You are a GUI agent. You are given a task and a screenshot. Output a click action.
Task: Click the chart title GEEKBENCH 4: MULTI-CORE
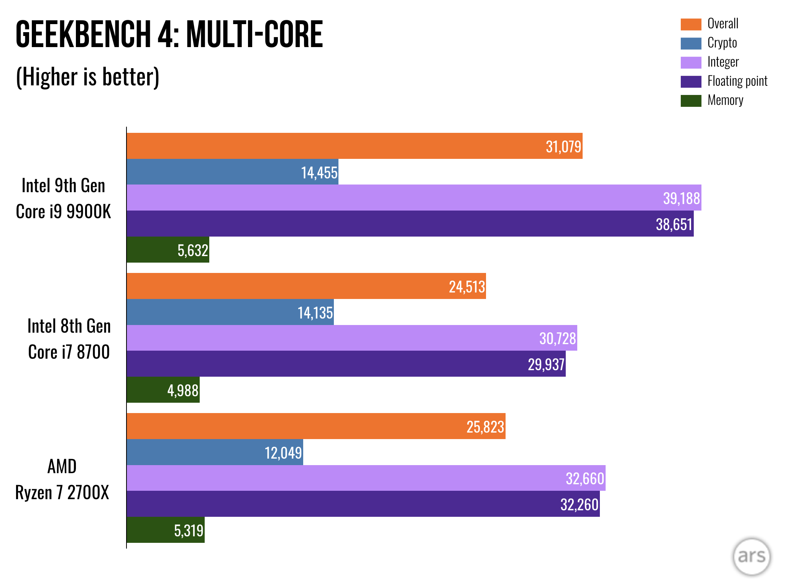[169, 34]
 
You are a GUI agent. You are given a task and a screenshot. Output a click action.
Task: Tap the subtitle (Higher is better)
[87, 77]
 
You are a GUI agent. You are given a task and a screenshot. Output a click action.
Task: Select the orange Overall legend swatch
[691, 24]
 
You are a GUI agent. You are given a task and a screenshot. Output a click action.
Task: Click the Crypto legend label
[722, 43]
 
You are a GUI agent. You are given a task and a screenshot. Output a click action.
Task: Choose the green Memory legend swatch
[691, 101]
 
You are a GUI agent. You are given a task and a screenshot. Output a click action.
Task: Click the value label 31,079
[563, 147]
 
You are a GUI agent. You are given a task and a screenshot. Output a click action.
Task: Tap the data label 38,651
[673, 224]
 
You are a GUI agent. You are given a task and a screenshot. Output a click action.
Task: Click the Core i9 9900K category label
[63, 212]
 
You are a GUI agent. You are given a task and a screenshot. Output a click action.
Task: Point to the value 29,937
[546, 364]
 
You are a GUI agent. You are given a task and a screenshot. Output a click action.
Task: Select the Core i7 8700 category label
[69, 352]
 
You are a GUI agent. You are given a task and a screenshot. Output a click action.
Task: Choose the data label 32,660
[585, 479]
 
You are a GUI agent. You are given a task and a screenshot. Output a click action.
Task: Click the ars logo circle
[751, 556]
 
